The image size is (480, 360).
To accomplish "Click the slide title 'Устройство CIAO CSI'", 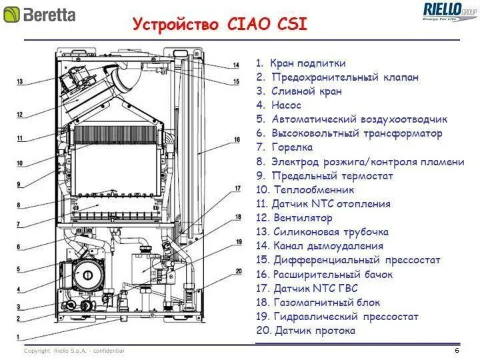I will tap(220, 25).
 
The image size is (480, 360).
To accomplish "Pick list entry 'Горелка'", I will tap(292, 147).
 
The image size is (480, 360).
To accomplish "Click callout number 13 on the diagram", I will tap(20, 82).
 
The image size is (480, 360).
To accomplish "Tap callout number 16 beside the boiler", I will tap(236, 140).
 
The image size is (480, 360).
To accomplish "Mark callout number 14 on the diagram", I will tap(236, 65).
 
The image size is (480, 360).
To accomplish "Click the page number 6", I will tap(457, 351).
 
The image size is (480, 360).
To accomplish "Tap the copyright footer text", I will tap(74, 351).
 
